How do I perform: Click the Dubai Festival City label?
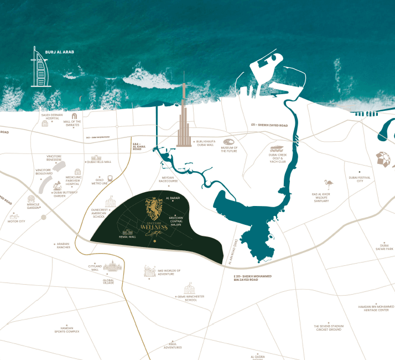360,179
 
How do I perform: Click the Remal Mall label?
127,236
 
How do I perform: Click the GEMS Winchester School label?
191,298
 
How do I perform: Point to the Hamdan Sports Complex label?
67,330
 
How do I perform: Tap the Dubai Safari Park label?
384,246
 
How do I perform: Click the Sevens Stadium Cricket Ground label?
328,328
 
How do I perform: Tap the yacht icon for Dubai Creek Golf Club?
277,150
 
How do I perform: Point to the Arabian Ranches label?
64,245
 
